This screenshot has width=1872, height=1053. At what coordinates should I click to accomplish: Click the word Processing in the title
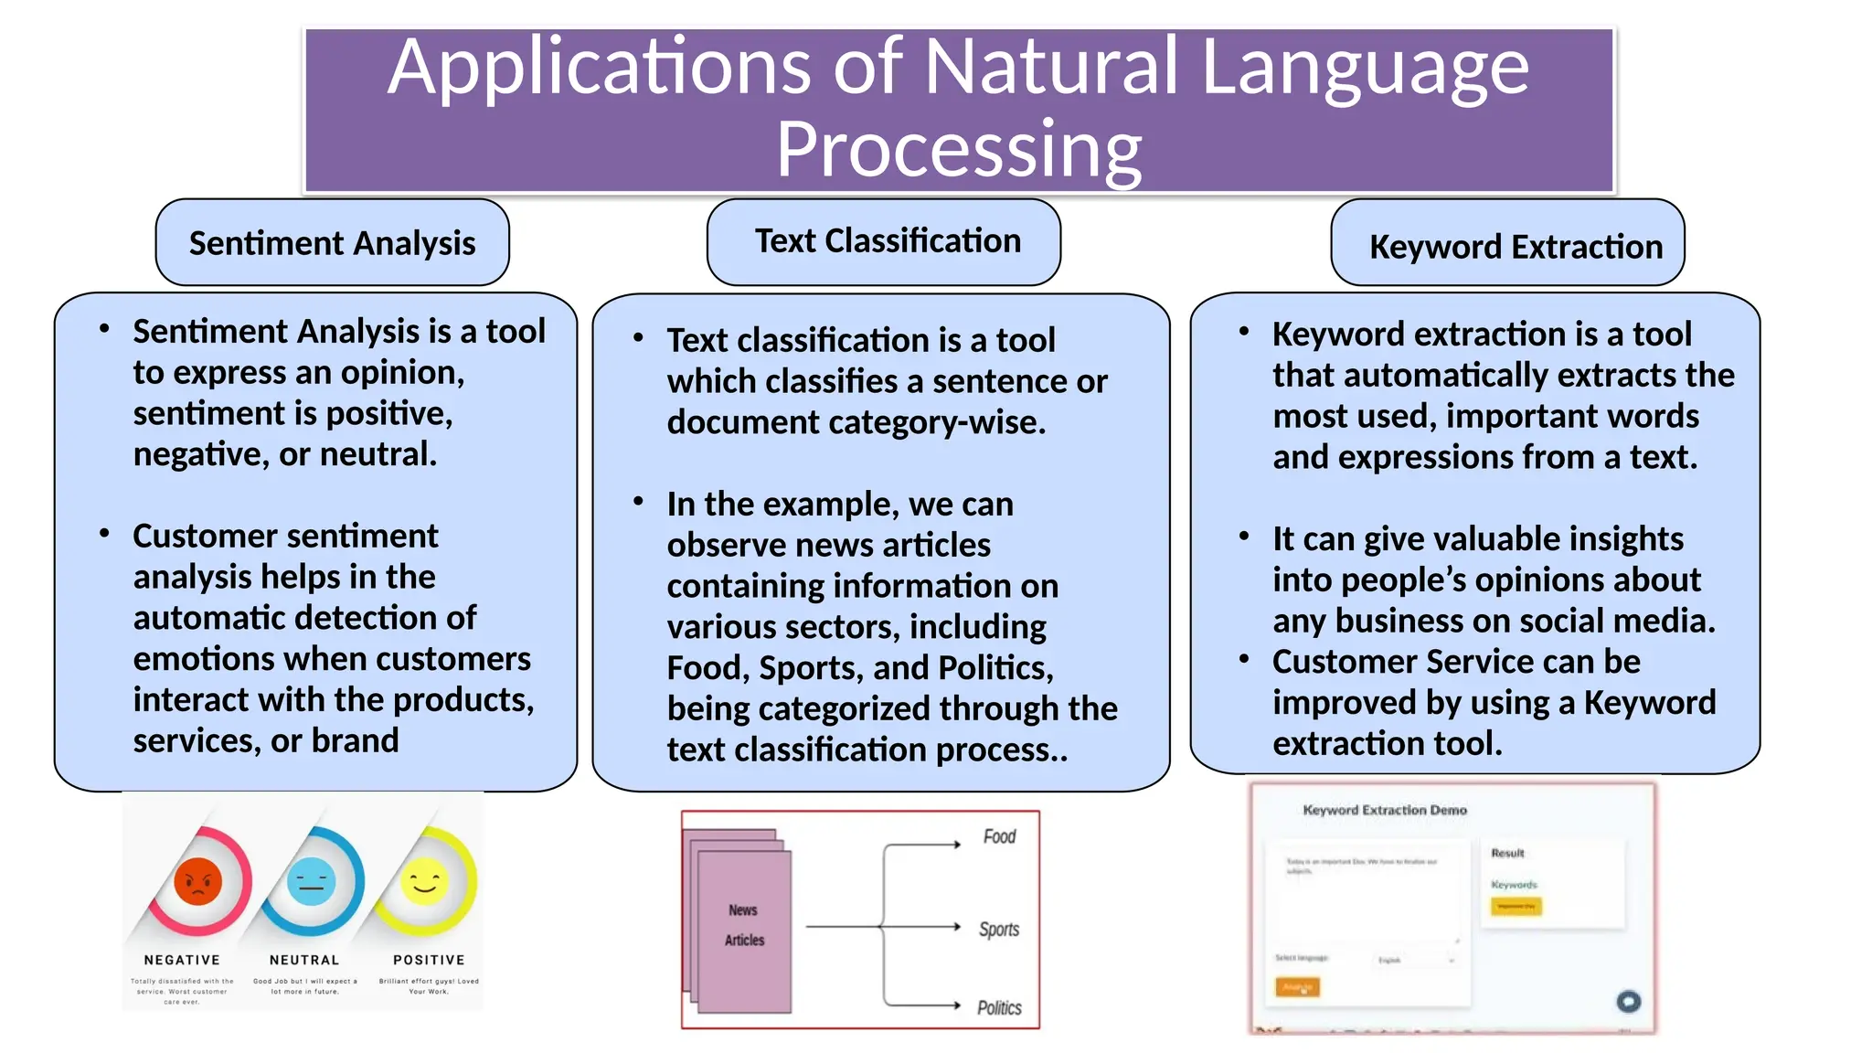tap(958, 149)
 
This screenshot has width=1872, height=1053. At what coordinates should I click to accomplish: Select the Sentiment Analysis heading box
tap(332, 243)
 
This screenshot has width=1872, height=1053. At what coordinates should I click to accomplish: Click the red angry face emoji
tap(198, 881)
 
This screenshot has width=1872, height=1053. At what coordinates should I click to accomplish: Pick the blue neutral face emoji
tap(312, 881)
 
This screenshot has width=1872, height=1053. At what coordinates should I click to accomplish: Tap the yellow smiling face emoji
tap(425, 881)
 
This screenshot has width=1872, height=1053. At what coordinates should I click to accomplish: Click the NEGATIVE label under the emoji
tap(182, 960)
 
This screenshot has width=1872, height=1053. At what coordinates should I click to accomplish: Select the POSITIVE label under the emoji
tap(429, 960)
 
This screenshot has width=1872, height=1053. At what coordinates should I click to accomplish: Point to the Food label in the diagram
tap(999, 836)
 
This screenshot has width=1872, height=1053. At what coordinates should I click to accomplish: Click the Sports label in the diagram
tap(999, 930)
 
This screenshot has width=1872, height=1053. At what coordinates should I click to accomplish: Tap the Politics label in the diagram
tap(999, 1007)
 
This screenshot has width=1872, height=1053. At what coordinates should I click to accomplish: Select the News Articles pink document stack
tap(743, 925)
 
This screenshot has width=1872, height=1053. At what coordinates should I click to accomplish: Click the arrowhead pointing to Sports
tap(956, 927)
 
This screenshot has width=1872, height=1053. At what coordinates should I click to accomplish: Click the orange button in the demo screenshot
tap(1297, 987)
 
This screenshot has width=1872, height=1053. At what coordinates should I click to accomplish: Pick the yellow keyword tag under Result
tap(1516, 906)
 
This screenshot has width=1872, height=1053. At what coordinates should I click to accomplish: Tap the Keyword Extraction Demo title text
tap(1384, 810)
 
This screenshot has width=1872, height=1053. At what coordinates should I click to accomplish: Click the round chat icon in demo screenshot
tap(1628, 1001)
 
